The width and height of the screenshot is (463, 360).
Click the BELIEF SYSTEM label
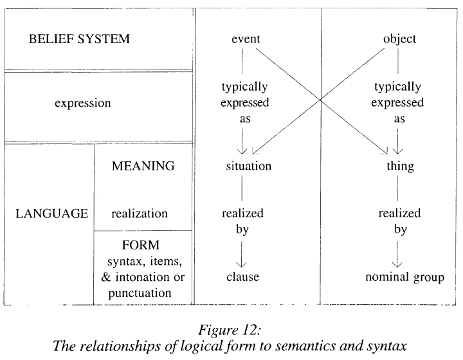(x=79, y=39)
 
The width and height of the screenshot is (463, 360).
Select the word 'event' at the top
(x=246, y=39)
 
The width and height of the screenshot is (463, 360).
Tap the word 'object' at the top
(x=399, y=39)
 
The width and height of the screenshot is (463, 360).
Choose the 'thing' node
(x=399, y=166)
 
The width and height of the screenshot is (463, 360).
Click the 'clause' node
(x=242, y=277)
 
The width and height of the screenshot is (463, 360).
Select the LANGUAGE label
(x=51, y=213)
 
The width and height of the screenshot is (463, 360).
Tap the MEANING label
(x=143, y=166)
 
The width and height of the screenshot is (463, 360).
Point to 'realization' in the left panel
(x=139, y=213)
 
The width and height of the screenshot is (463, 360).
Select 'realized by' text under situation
(x=242, y=221)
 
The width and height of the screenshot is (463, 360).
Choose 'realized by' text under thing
(x=399, y=221)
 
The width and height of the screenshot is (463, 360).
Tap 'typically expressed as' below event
(x=244, y=103)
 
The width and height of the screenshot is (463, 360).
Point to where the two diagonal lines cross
(x=320, y=99)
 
